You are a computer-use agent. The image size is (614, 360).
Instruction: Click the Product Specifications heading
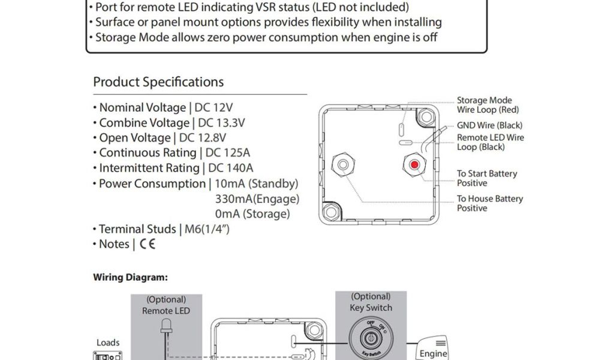(x=158, y=82)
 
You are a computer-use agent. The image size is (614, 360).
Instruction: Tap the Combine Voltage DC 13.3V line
(x=168, y=123)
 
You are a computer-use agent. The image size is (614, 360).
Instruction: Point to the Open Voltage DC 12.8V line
(x=165, y=138)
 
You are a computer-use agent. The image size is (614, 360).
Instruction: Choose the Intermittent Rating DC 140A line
(x=173, y=168)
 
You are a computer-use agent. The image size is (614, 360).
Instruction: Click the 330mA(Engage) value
(x=257, y=199)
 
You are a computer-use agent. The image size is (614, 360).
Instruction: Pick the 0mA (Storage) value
(x=252, y=214)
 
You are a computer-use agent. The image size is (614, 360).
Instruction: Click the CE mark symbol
(x=147, y=244)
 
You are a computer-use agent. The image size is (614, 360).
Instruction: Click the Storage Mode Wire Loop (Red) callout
(x=487, y=105)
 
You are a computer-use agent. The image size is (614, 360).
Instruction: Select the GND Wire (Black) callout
(x=489, y=125)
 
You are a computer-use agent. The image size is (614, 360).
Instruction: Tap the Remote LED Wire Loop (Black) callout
(x=490, y=142)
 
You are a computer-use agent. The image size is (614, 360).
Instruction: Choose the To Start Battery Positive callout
(x=486, y=178)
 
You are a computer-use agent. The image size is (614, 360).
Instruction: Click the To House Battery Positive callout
(x=489, y=203)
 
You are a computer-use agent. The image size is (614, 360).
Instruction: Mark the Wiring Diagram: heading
(x=130, y=278)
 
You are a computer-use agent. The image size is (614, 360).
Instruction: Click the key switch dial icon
(x=371, y=337)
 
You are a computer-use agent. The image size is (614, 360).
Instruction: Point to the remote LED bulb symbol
(x=165, y=328)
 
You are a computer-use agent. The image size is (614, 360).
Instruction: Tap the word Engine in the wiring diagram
(x=433, y=353)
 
